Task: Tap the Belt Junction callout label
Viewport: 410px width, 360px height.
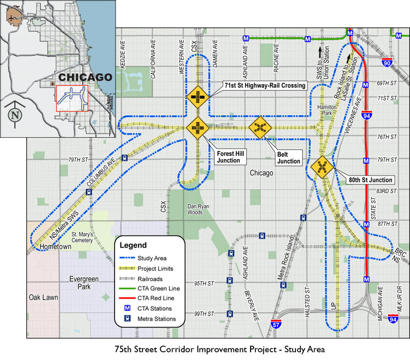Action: pyautogui.click(x=289, y=157)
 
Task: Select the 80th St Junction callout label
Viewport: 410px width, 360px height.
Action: pyautogui.click(x=370, y=179)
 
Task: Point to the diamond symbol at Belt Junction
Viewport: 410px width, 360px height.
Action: pyautogui.click(x=260, y=128)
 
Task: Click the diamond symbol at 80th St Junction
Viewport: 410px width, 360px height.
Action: pyautogui.click(x=322, y=167)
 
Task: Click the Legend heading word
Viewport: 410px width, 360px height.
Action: pyautogui.click(x=133, y=245)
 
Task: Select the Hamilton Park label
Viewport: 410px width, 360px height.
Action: pyautogui.click(x=327, y=110)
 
